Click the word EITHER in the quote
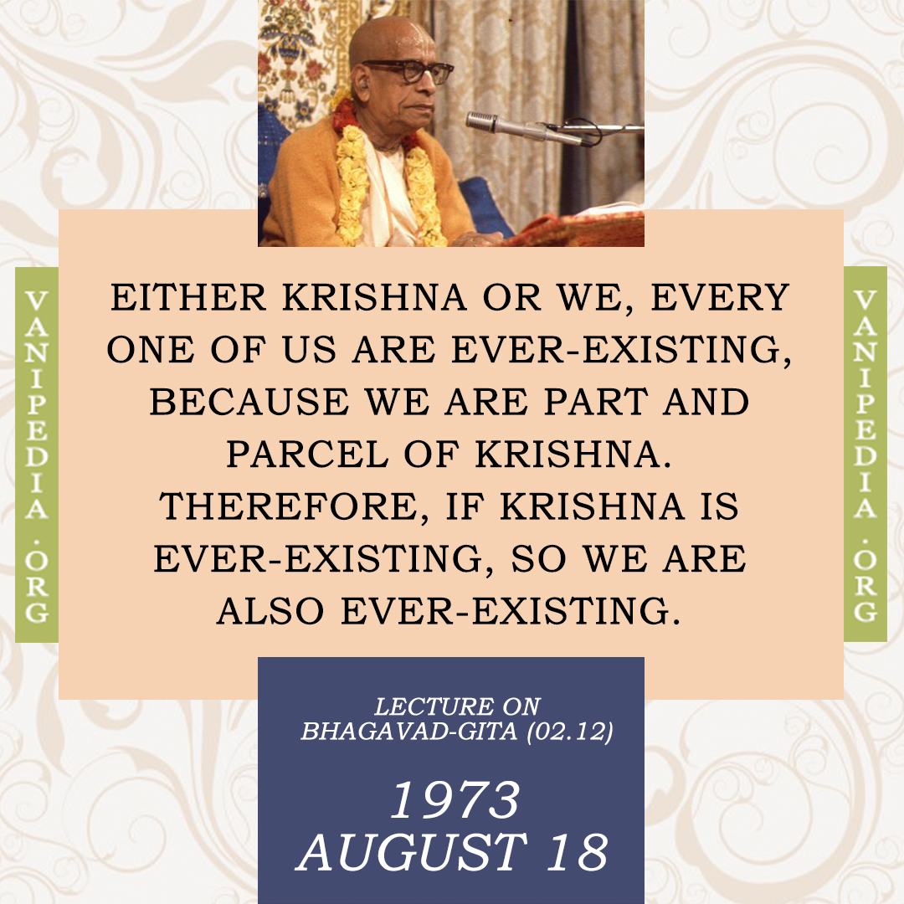click(188, 297)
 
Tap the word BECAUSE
click(249, 402)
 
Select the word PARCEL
click(307, 455)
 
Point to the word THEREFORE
click(294, 508)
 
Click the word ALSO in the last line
click(270, 611)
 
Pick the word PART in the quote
click(597, 402)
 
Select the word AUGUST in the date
click(412, 852)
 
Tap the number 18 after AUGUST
click(577, 852)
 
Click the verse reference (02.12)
click(570, 731)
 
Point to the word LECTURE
click(434, 706)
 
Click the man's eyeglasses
click(411, 69)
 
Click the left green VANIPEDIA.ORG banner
click(36, 455)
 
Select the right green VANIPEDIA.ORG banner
click(865, 455)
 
